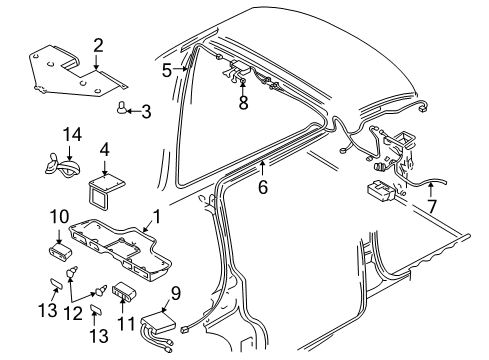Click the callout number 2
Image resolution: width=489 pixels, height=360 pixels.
coord(98,44)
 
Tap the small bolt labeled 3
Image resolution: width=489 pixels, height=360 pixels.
coord(122,108)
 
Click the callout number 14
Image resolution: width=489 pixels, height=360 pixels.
coord(69,134)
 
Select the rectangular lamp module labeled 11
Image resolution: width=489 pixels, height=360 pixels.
coord(125,294)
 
